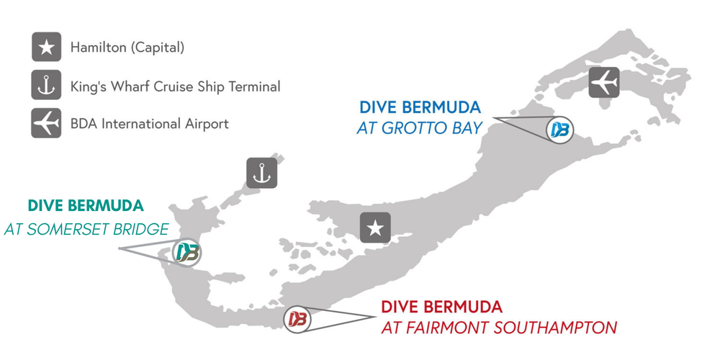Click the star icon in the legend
tap(46, 48)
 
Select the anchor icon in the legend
tap(46, 86)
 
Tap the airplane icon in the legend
tap(46, 123)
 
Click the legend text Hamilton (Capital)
tap(127, 48)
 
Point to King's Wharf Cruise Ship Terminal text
tap(175, 86)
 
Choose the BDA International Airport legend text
tap(149, 124)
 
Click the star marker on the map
tap(375, 229)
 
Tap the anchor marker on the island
tap(261, 173)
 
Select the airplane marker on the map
tap(603, 82)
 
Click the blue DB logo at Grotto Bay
tap(559, 130)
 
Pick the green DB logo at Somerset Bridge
tap(188, 253)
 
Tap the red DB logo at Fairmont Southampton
tap(297, 318)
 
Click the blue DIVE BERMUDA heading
tap(420, 108)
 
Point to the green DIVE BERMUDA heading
tap(86, 206)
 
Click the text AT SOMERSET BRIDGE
tap(86, 229)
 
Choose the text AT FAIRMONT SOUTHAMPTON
tap(499, 328)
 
